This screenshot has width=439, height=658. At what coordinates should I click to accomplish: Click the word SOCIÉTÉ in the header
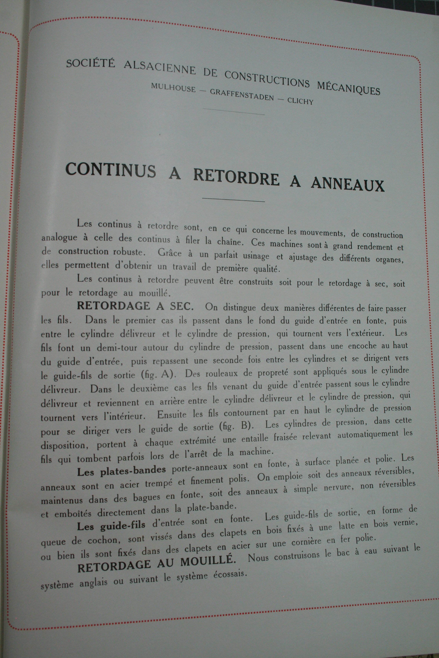pyautogui.click(x=91, y=64)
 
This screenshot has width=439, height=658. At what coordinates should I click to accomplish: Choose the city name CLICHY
pyautogui.click(x=300, y=101)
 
